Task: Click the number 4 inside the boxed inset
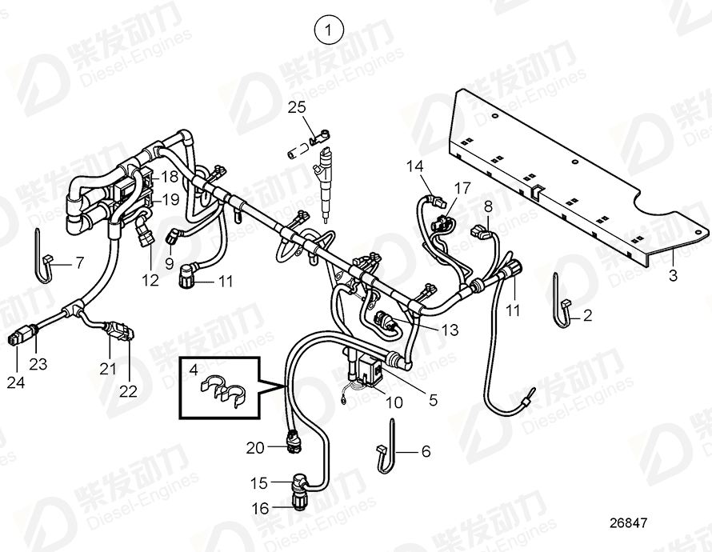click(193, 369)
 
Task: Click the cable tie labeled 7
click(44, 258)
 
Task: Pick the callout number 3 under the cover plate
click(673, 276)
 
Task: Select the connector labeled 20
click(294, 440)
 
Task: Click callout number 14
click(414, 166)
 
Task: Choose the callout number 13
click(450, 330)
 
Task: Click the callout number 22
click(128, 391)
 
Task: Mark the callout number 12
click(150, 279)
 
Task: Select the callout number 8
click(488, 206)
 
